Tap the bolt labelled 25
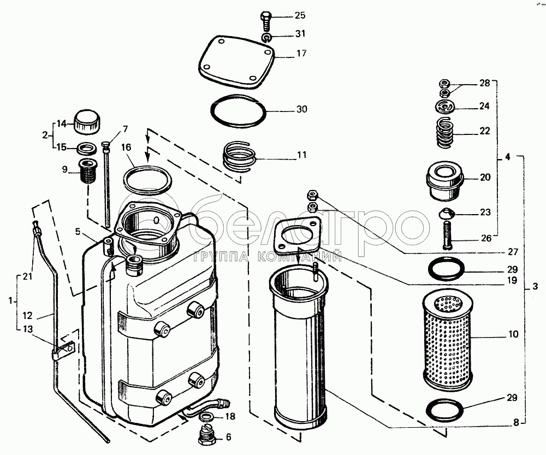[266, 21]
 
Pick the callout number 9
[64, 170]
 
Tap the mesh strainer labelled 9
[88, 172]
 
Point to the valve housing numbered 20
[445, 179]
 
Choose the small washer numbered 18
[206, 418]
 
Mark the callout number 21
[27, 277]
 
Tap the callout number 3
[535, 286]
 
